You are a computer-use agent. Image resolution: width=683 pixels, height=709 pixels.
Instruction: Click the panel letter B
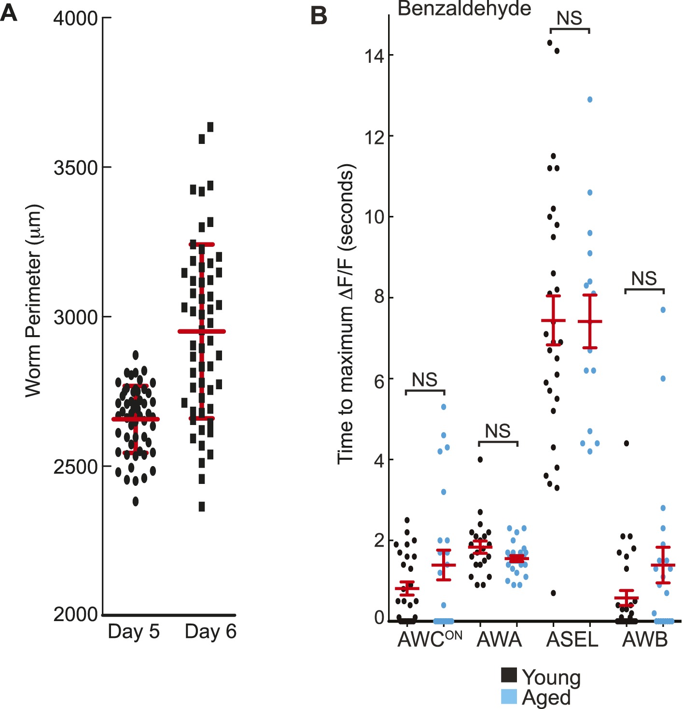(x=319, y=15)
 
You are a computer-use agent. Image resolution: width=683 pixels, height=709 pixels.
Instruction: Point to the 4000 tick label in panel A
(x=76, y=18)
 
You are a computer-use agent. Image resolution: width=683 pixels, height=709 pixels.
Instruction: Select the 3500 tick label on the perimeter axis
(x=76, y=168)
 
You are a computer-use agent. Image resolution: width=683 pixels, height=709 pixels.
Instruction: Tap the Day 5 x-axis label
(x=134, y=632)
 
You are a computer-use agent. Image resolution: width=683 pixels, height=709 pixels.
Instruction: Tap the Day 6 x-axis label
(x=210, y=632)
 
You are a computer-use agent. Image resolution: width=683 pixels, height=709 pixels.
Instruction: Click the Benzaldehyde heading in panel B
(x=464, y=9)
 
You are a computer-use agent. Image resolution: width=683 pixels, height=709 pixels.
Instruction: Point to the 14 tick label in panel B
(x=374, y=56)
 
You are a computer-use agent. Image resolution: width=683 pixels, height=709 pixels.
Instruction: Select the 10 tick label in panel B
(x=374, y=217)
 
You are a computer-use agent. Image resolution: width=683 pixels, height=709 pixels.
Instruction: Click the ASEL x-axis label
(x=572, y=640)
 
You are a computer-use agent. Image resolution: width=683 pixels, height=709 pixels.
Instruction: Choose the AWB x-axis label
(x=645, y=640)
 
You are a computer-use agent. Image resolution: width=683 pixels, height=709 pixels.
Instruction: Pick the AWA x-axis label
(x=499, y=640)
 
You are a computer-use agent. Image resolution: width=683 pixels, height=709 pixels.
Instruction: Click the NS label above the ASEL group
(x=570, y=18)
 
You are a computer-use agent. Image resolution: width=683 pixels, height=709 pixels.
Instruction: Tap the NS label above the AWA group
(x=498, y=431)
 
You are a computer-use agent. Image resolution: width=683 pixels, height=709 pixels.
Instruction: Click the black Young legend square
(x=509, y=675)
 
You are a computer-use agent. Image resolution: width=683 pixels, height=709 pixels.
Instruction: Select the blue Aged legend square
(x=509, y=696)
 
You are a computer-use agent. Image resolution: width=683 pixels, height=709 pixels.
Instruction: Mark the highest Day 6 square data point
(x=210, y=127)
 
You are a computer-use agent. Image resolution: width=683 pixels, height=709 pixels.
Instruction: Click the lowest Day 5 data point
(x=136, y=502)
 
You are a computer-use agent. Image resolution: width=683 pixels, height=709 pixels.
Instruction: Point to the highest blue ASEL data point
(x=590, y=100)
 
